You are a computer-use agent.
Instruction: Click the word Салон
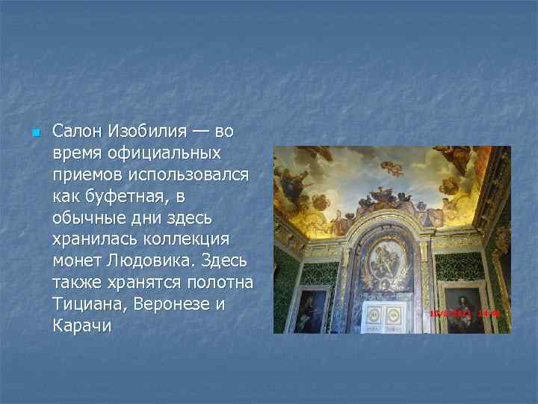point(78,132)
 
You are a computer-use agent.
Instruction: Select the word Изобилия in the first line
point(146,132)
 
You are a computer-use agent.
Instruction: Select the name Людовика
point(146,262)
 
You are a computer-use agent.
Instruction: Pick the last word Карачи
point(81,327)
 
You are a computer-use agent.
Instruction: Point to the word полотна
point(221,284)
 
